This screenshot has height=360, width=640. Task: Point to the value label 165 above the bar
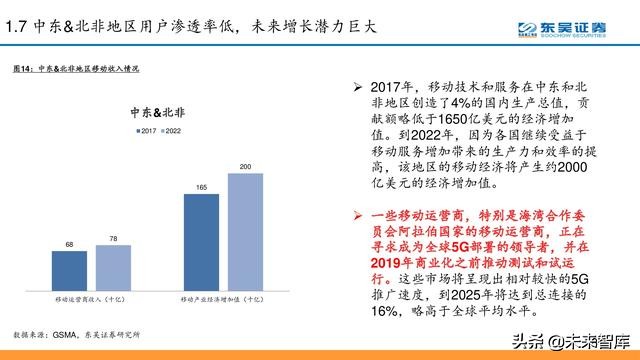(201, 187)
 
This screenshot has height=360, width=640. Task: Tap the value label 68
(68, 244)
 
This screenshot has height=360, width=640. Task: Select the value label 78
(113, 238)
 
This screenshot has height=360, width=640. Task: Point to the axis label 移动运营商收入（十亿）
(91, 299)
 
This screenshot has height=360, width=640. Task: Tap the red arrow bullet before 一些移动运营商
(344, 215)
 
